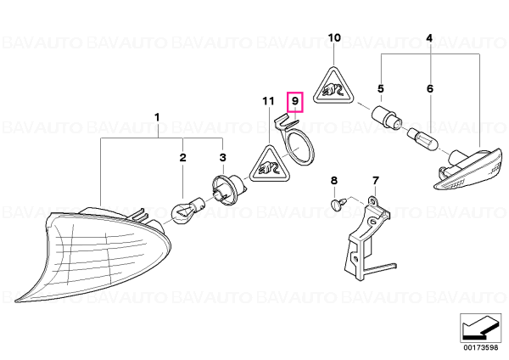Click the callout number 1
157,117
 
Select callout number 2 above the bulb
183,158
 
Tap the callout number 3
222,158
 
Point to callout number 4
429,38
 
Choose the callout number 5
380,88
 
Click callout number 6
430,88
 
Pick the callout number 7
375,180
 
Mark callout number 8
334,180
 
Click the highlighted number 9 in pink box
295,101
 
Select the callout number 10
334,38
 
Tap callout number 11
268,101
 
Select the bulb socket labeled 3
227,188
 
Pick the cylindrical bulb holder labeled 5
388,118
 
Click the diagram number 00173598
480,347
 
